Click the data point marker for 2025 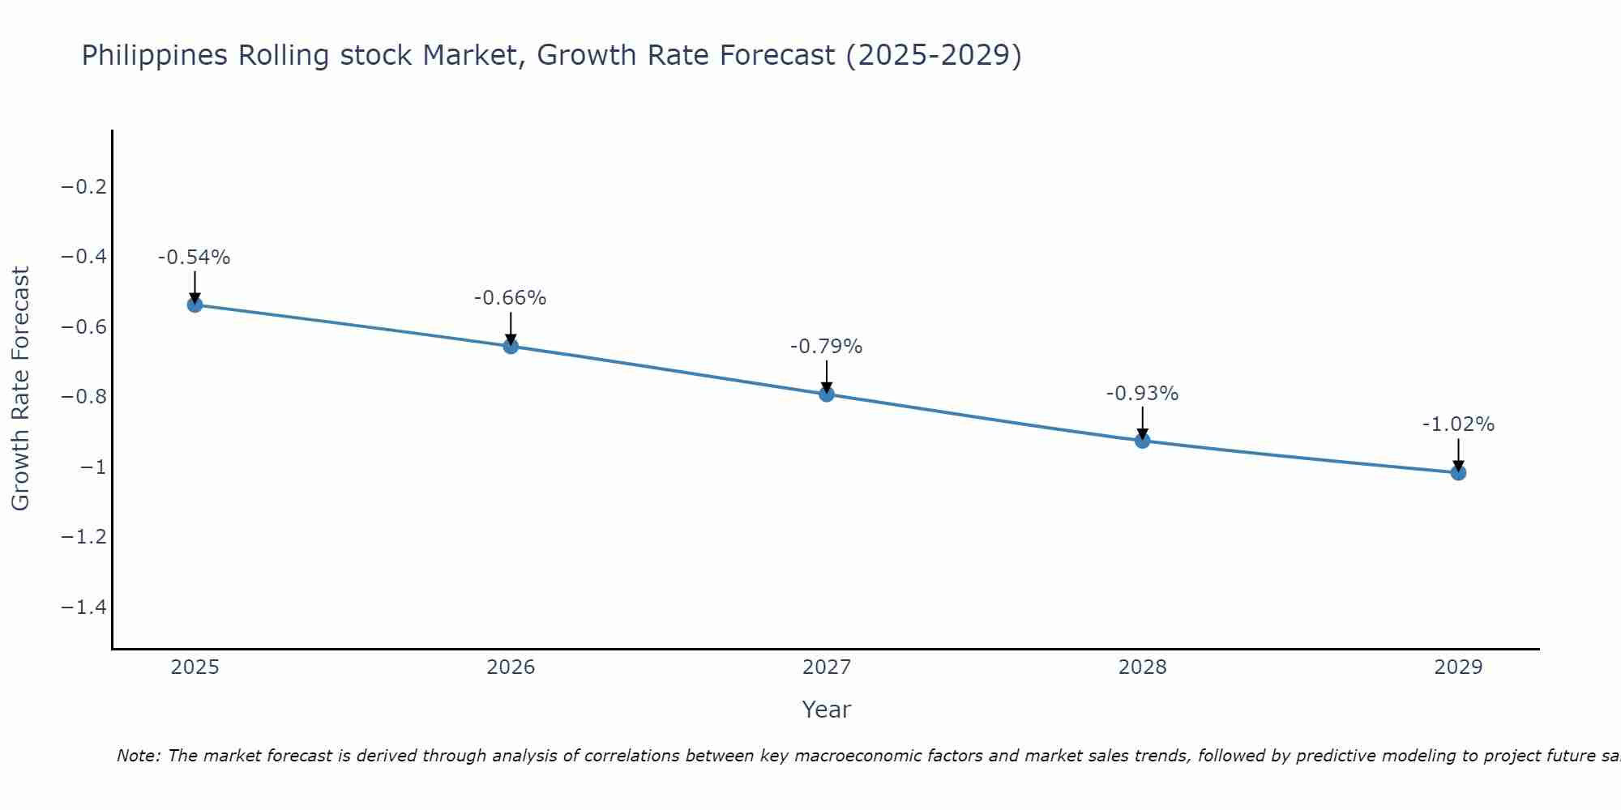[x=195, y=305]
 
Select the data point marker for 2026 [x=511, y=346]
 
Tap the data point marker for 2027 [x=827, y=394]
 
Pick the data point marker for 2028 [x=1142, y=441]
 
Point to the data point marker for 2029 [x=1458, y=472]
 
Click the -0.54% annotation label [x=195, y=258]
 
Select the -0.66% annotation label [x=511, y=298]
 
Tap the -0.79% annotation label [x=827, y=347]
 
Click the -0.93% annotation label [x=1142, y=394]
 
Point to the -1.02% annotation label [x=1458, y=424]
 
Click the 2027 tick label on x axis [x=827, y=667]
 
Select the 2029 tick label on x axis [x=1458, y=667]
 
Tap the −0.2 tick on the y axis [x=84, y=187]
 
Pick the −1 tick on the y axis [x=93, y=467]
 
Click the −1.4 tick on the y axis [x=84, y=607]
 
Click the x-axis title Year [x=826, y=710]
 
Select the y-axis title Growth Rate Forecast [x=21, y=388]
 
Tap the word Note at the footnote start [x=138, y=756]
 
